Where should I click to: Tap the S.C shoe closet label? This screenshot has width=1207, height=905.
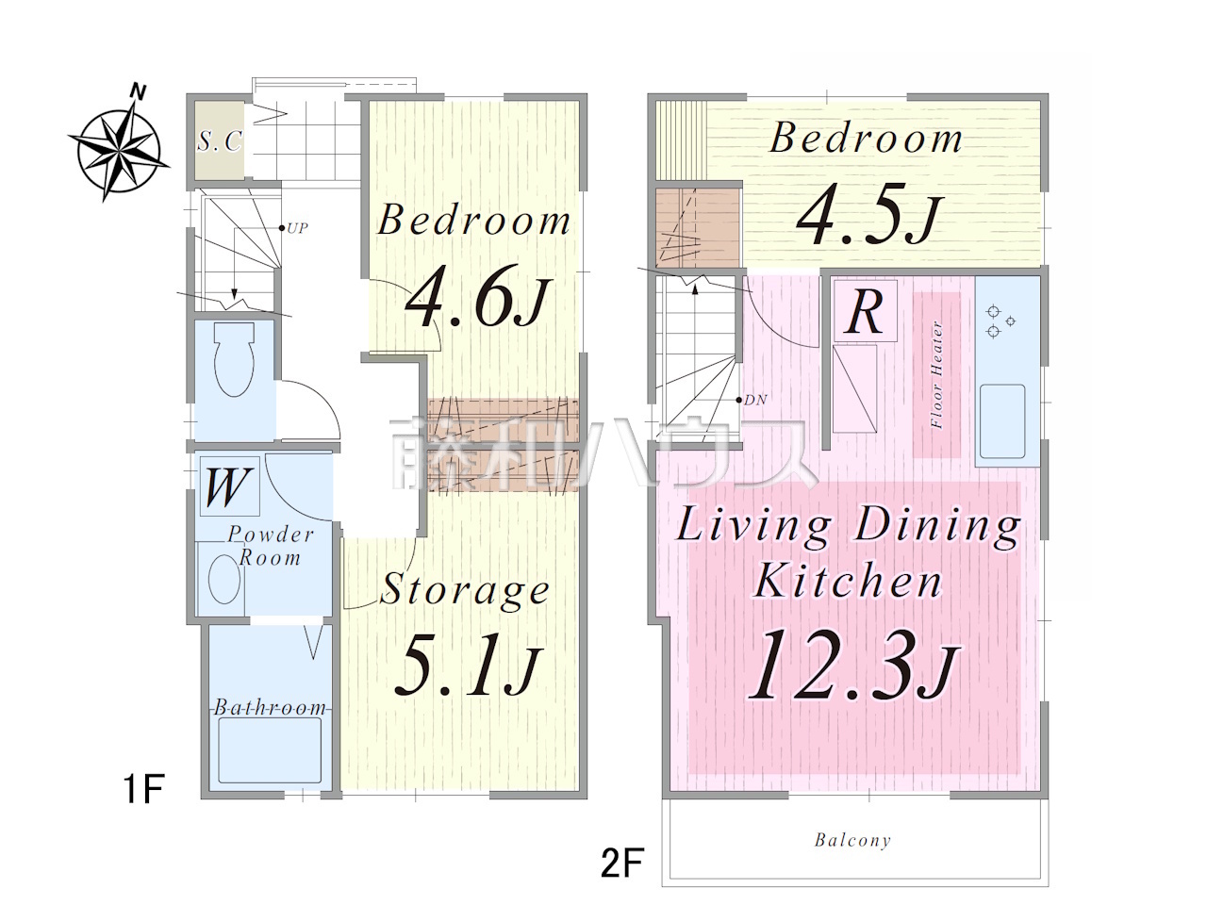(x=220, y=141)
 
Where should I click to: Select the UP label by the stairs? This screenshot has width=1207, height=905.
(x=297, y=228)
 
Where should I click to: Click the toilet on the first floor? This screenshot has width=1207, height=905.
(x=235, y=359)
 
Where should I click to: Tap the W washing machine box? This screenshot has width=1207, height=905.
(x=229, y=486)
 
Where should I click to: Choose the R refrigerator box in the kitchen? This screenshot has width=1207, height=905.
(x=865, y=311)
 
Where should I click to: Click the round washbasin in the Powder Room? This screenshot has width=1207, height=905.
(x=224, y=579)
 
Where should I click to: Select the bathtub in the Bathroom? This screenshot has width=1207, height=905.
(x=270, y=750)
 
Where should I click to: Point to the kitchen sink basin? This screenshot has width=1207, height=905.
(x=1002, y=420)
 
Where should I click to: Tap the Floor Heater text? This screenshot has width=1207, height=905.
(x=937, y=375)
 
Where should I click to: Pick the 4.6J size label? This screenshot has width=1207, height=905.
(x=476, y=296)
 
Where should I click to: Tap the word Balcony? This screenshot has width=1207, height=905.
(x=852, y=841)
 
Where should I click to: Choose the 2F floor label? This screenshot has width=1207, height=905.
(x=622, y=864)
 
